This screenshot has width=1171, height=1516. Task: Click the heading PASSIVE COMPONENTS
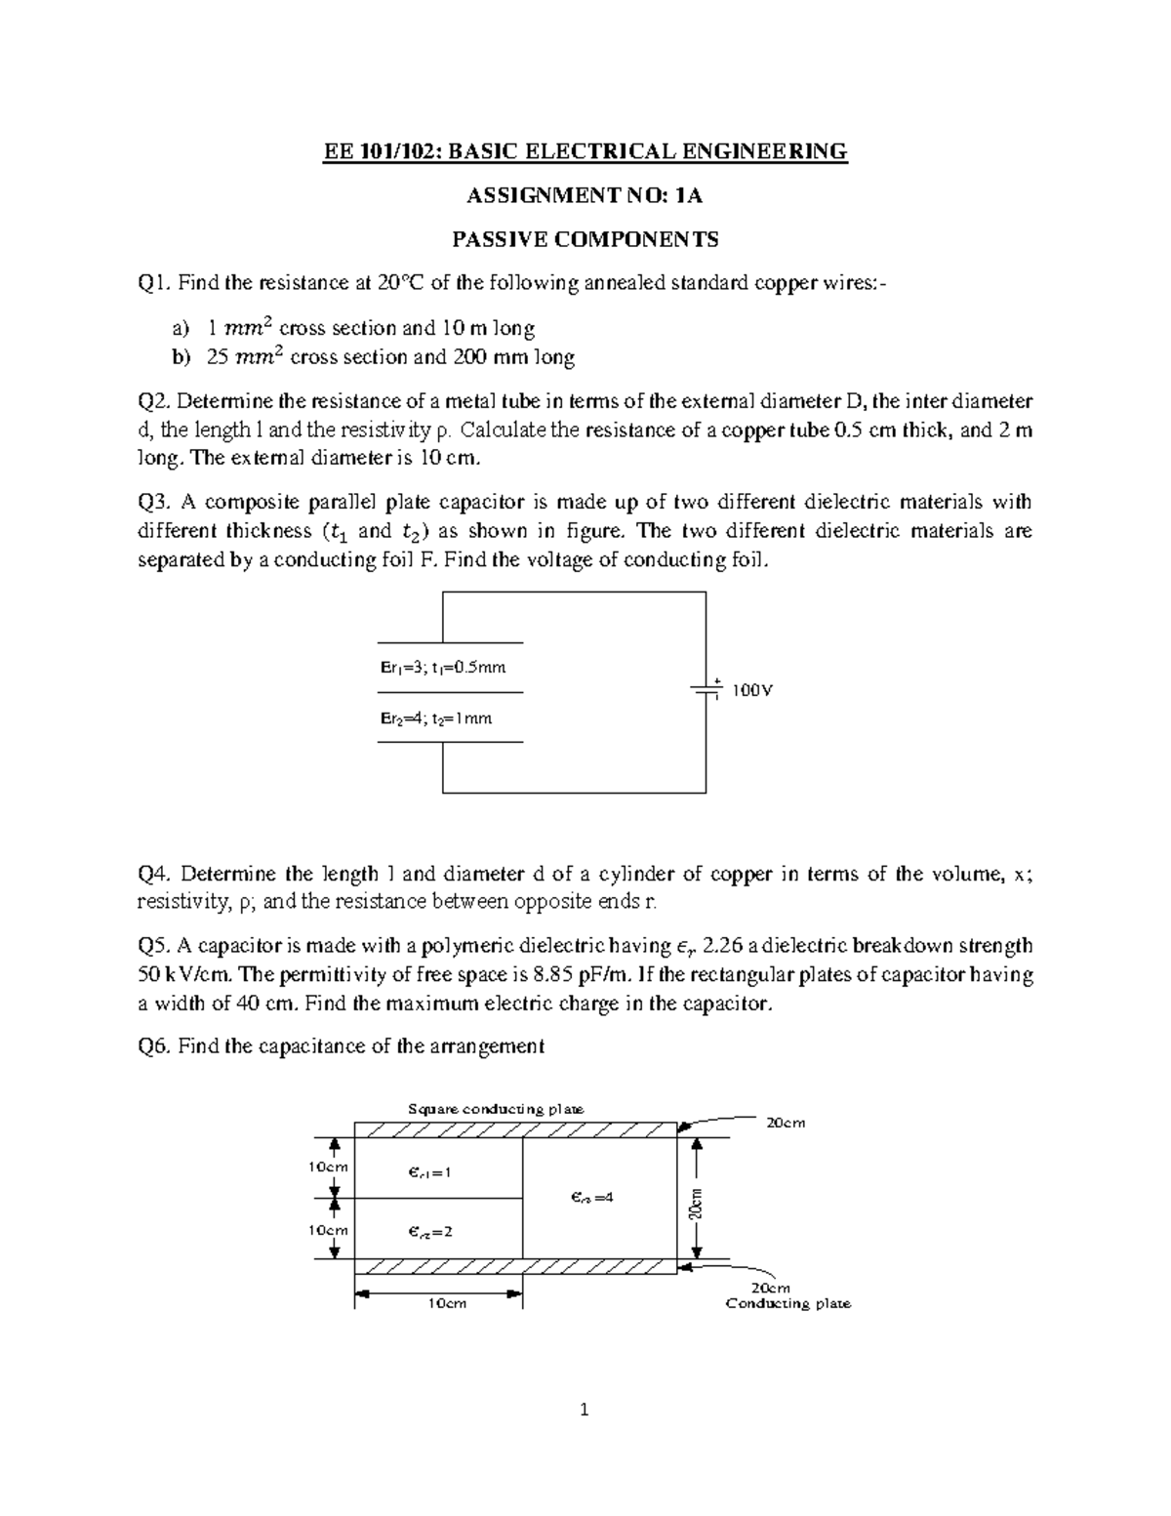[x=585, y=239]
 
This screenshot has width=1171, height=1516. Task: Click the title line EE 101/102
[x=585, y=151]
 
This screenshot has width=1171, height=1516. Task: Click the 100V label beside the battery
[x=752, y=690]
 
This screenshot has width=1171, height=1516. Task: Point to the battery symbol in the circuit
[x=706, y=689]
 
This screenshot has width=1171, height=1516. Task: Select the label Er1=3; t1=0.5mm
[x=443, y=668]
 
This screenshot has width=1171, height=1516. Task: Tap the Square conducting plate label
[x=495, y=1109]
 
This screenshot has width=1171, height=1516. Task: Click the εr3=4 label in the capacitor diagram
[x=592, y=1197]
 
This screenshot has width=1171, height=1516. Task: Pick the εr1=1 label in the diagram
[x=430, y=1172]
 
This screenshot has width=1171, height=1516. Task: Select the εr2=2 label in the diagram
[x=430, y=1232]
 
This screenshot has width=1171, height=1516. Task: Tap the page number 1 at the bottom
[x=585, y=1410]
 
